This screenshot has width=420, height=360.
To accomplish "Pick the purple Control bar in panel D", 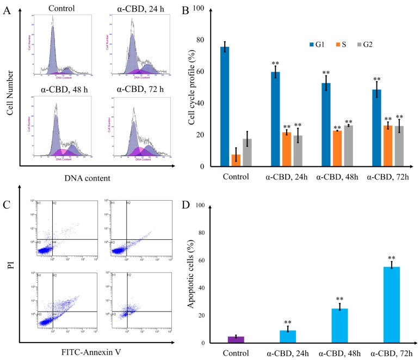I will pyautogui.click(x=236, y=339).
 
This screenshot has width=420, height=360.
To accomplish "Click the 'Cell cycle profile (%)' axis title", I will pyautogui.click(x=192, y=87).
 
